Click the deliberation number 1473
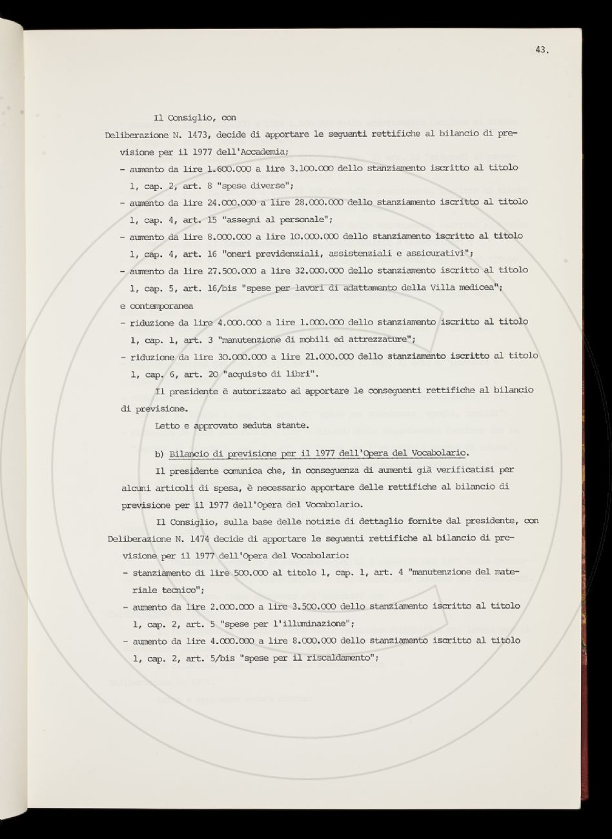[198, 135]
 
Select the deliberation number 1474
[198, 538]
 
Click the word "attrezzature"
[378, 339]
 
